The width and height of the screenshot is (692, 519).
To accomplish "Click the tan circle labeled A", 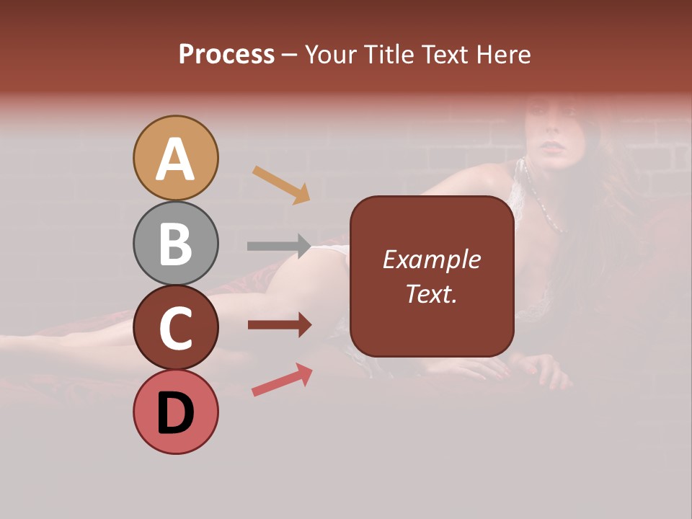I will (x=175, y=159).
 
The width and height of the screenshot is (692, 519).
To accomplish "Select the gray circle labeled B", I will (x=175, y=244).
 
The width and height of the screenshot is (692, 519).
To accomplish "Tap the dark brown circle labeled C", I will (x=175, y=328).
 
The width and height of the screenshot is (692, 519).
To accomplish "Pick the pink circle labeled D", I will (x=175, y=412).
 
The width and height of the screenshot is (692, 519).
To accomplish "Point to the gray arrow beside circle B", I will (x=278, y=246).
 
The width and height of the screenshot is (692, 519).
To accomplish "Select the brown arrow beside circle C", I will (x=278, y=325).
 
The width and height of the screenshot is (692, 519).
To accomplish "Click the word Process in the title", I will (x=226, y=54).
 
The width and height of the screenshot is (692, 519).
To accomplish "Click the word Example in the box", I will (x=431, y=259).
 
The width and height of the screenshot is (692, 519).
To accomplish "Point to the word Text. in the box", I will (x=431, y=293).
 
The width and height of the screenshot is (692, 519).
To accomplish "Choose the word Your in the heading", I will (x=332, y=54).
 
